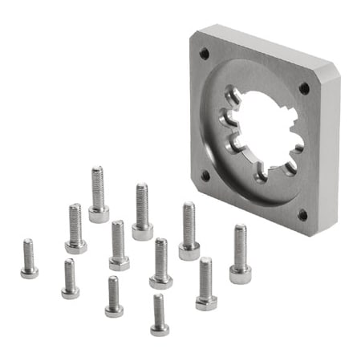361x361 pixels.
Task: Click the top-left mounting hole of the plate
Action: pos(204,54)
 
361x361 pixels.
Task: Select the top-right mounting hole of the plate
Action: pos(304,88)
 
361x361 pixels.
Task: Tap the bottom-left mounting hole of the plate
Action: pos(205,174)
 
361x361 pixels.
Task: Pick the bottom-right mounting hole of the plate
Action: pos(302,214)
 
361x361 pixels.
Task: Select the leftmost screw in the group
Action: pos(29,258)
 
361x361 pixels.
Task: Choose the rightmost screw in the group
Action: pos(240,253)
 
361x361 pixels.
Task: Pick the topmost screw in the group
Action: pos(98,193)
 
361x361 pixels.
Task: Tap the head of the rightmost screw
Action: pos(240,274)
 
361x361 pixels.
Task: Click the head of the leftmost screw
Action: pos(29,272)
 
